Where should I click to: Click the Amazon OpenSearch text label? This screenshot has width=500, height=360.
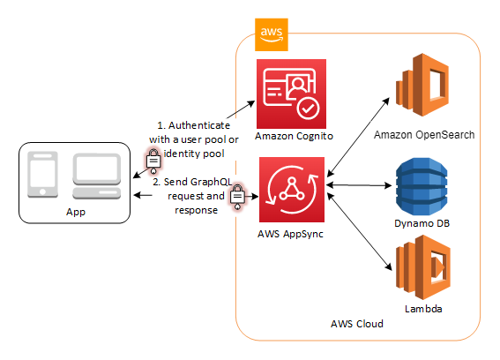(423, 134)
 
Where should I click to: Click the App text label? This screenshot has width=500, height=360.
(75, 214)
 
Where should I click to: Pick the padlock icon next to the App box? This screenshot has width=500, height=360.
(153, 161)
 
